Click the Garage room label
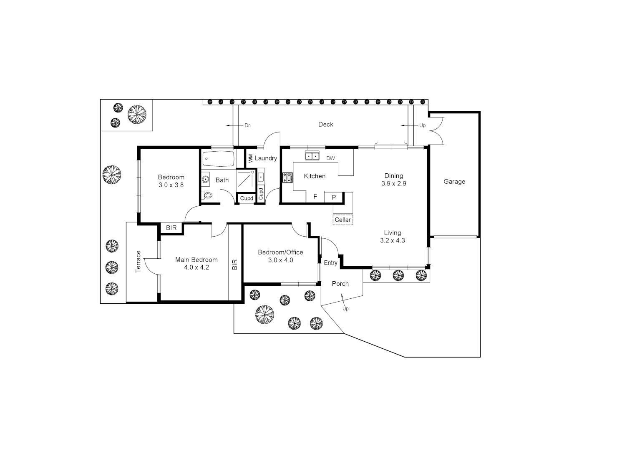pos(454,182)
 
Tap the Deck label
pos(325,125)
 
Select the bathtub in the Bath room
pos(218,159)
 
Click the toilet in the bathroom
pos(207,195)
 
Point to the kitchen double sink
pos(312,156)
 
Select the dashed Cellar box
pos(342,220)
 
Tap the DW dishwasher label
pos(330,158)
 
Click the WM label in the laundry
pos(250,158)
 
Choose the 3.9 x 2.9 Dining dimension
pos(393,183)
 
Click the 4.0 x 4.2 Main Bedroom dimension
pos(196,267)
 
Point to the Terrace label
pos(138,262)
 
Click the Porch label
pos(340,284)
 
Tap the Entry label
pos(330,263)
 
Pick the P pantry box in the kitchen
pos(333,197)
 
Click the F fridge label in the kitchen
pos(315,197)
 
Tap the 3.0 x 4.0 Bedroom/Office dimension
pos(280,260)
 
